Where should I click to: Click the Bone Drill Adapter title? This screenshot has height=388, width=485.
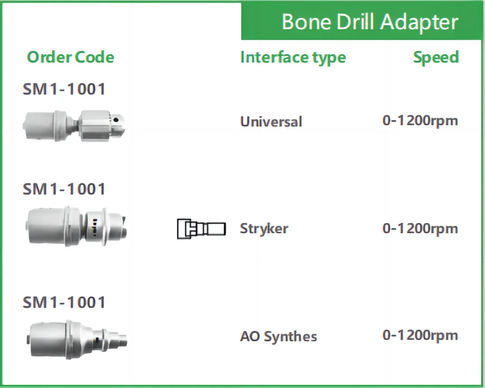[x=370, y=22]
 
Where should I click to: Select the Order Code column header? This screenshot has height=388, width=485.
[x=71, y=57]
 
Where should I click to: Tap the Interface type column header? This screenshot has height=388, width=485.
[x=293, y=57]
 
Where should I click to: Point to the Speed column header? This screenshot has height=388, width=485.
[x=436, y=57]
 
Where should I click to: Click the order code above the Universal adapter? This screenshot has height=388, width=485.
[x=64, y=89]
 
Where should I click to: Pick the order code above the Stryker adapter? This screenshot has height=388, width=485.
[x=64, y=189]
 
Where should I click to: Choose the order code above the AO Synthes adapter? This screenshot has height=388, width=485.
[x=64, y=302]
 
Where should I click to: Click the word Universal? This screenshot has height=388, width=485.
[x=271, y=121]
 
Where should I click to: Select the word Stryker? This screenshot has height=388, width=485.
[x=264, y=229]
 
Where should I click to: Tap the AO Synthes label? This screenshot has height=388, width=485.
[x=278, y=336]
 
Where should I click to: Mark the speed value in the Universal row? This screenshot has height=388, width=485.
[x=420, y=121]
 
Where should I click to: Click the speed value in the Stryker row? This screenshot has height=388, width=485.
[x=420, y=229]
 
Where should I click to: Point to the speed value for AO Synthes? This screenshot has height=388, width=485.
[x=420, y=336]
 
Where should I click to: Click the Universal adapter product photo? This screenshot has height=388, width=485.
[x=74, y=126]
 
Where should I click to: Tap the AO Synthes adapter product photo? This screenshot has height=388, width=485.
[x=77, y=340]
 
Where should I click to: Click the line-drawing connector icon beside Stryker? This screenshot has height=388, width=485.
[x=201, y=229]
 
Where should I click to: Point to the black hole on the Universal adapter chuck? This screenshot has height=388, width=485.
[x=116, y=120]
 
